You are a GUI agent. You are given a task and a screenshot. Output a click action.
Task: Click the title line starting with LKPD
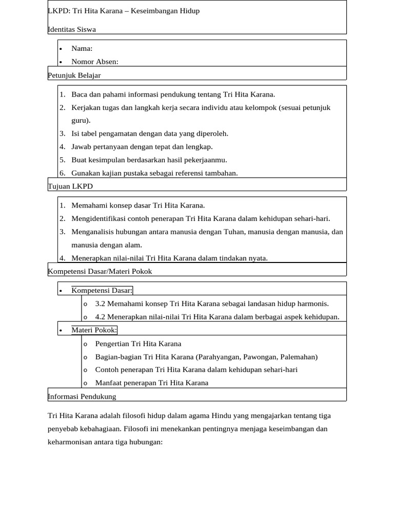tap(124, 11)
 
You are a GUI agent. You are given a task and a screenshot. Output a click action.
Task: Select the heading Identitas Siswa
tap(72, 29)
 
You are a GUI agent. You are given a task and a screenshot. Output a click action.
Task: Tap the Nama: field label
tap(82, 48)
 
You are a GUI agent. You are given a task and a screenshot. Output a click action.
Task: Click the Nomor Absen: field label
tap(95, 62)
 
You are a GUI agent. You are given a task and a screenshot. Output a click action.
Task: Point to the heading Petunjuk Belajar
tap(74, 75)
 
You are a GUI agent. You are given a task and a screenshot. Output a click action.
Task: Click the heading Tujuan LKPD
tap(70, 186)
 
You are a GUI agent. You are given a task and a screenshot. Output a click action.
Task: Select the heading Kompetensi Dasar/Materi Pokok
tap(100, 271)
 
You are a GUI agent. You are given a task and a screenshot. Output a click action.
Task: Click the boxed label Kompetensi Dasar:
tap(102, 290)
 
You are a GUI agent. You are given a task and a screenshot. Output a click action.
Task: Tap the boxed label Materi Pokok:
tap(95, 330)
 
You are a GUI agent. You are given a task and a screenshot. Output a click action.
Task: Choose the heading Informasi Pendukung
tap(82, 396)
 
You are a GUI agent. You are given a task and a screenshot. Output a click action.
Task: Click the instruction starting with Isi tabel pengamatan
tap(150, 134)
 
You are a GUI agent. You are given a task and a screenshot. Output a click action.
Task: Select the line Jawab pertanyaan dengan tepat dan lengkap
tap(142, 146)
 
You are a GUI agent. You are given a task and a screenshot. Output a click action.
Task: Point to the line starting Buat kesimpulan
tap(149, 160)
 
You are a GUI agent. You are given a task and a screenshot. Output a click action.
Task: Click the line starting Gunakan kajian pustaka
tap(154, 173)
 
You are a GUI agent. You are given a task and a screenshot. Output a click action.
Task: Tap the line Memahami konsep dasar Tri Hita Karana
tap(138, 205)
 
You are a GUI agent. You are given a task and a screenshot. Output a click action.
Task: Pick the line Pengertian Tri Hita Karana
tap(138, 344)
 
